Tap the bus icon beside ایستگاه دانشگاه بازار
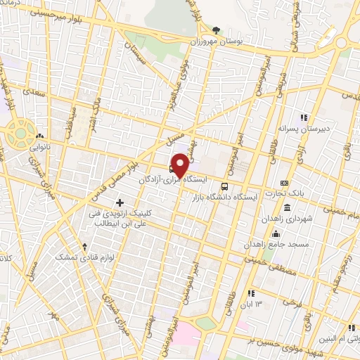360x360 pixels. click(224, 186)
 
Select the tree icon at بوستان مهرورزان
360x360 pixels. click(215, 30)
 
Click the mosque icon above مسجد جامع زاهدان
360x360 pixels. click(276, 234)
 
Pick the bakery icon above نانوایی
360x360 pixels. click(38, 136)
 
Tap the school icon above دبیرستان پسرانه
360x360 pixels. click(304, 117)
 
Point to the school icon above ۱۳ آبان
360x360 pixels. click(250, 293)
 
